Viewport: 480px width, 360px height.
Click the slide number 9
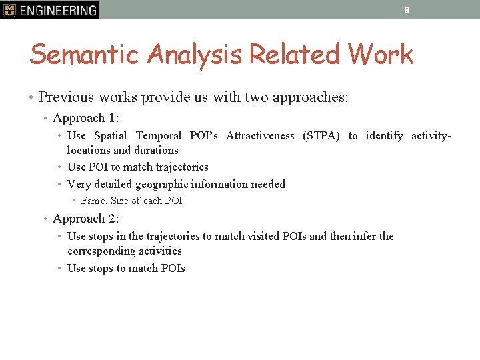(406, 10)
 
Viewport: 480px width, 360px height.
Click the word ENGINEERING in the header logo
(58, 10)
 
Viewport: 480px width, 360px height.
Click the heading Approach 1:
(85, 118)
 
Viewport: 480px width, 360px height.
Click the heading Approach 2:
(85, 219)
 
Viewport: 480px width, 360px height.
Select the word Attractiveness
(260, 136)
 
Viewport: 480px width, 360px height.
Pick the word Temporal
(159, 136)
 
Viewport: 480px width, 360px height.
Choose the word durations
(157, 151)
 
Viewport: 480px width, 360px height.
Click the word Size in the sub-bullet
(120, 201)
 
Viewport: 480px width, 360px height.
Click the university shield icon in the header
(9, 10)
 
